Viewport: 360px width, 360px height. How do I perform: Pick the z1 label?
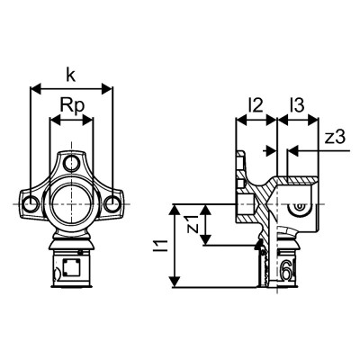(190, 223)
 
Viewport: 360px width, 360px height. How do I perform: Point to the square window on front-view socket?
(71, 266)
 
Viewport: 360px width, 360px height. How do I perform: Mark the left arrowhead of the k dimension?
(34, 88)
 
